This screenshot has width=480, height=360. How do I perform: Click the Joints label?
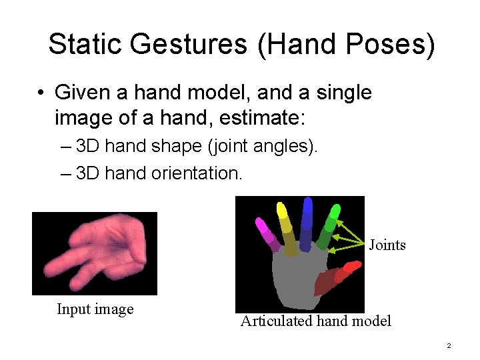click(x=387, y=245)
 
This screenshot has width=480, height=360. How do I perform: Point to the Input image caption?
click(x=95, y=309)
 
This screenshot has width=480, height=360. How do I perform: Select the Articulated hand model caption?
click(x=315, y=321)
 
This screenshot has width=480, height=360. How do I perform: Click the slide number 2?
click(x=449, y=346)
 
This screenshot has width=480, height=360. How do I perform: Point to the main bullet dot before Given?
click(x=42, y=93)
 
